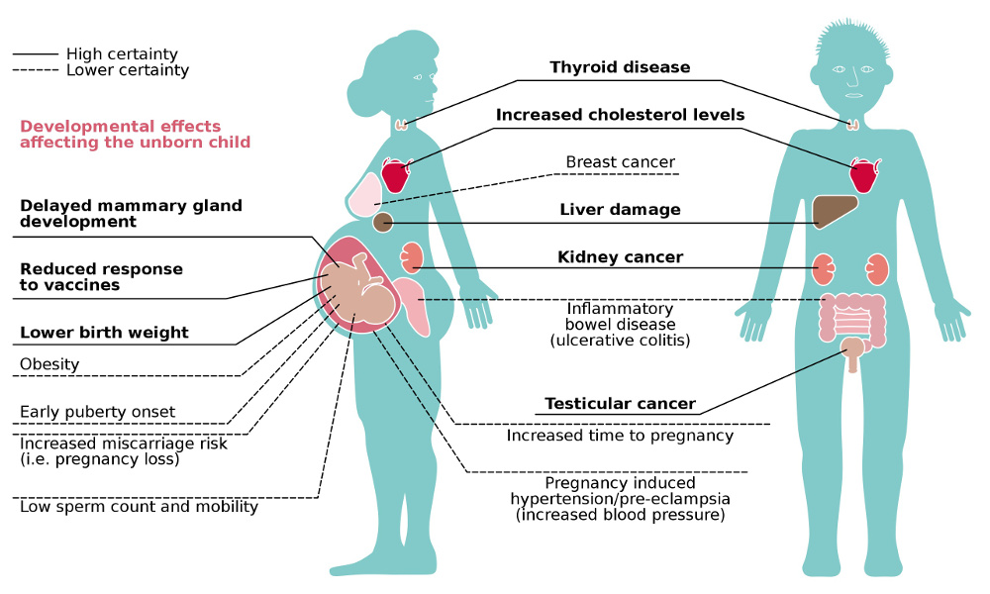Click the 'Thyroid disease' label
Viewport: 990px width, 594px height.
[x=620, y=68]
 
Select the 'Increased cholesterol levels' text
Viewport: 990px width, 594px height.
[x=620, y=115]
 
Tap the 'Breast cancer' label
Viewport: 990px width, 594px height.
[x=620, y=161]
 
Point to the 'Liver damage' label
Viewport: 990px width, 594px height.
[x=620, y=210]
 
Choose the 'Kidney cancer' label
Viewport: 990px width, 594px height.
[x=620, y=257]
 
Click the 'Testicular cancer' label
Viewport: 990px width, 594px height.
[x=620, y=404]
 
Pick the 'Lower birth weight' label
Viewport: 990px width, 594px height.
[x=104, y=332]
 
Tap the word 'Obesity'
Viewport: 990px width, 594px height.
[x=49, y=364]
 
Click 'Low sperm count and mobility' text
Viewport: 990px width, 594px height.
[x=139, y=507]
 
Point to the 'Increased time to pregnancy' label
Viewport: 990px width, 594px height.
[x=620, y=435]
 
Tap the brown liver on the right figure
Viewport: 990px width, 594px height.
[x=834, y=212]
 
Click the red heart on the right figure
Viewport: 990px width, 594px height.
[x=862, y=177]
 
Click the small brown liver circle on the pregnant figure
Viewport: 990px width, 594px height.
[x=383, y=223]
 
